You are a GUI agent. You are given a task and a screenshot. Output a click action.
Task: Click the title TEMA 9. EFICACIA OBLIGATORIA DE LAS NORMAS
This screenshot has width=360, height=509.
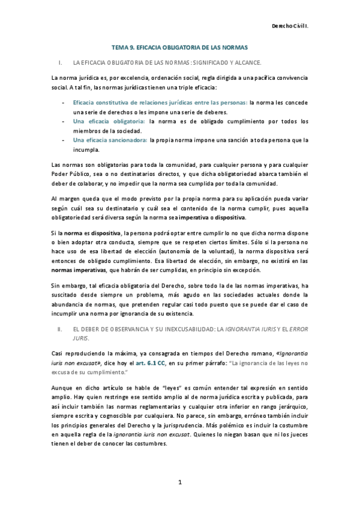[x=180, y=46]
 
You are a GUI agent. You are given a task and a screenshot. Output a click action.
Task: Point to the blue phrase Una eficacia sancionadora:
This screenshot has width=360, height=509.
[x=110, y=140]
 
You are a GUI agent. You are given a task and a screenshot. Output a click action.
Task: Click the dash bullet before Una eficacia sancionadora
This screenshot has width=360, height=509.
[x=64, y=140]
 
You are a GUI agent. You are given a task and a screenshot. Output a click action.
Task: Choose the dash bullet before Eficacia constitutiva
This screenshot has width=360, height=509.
[x=64, y=103]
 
